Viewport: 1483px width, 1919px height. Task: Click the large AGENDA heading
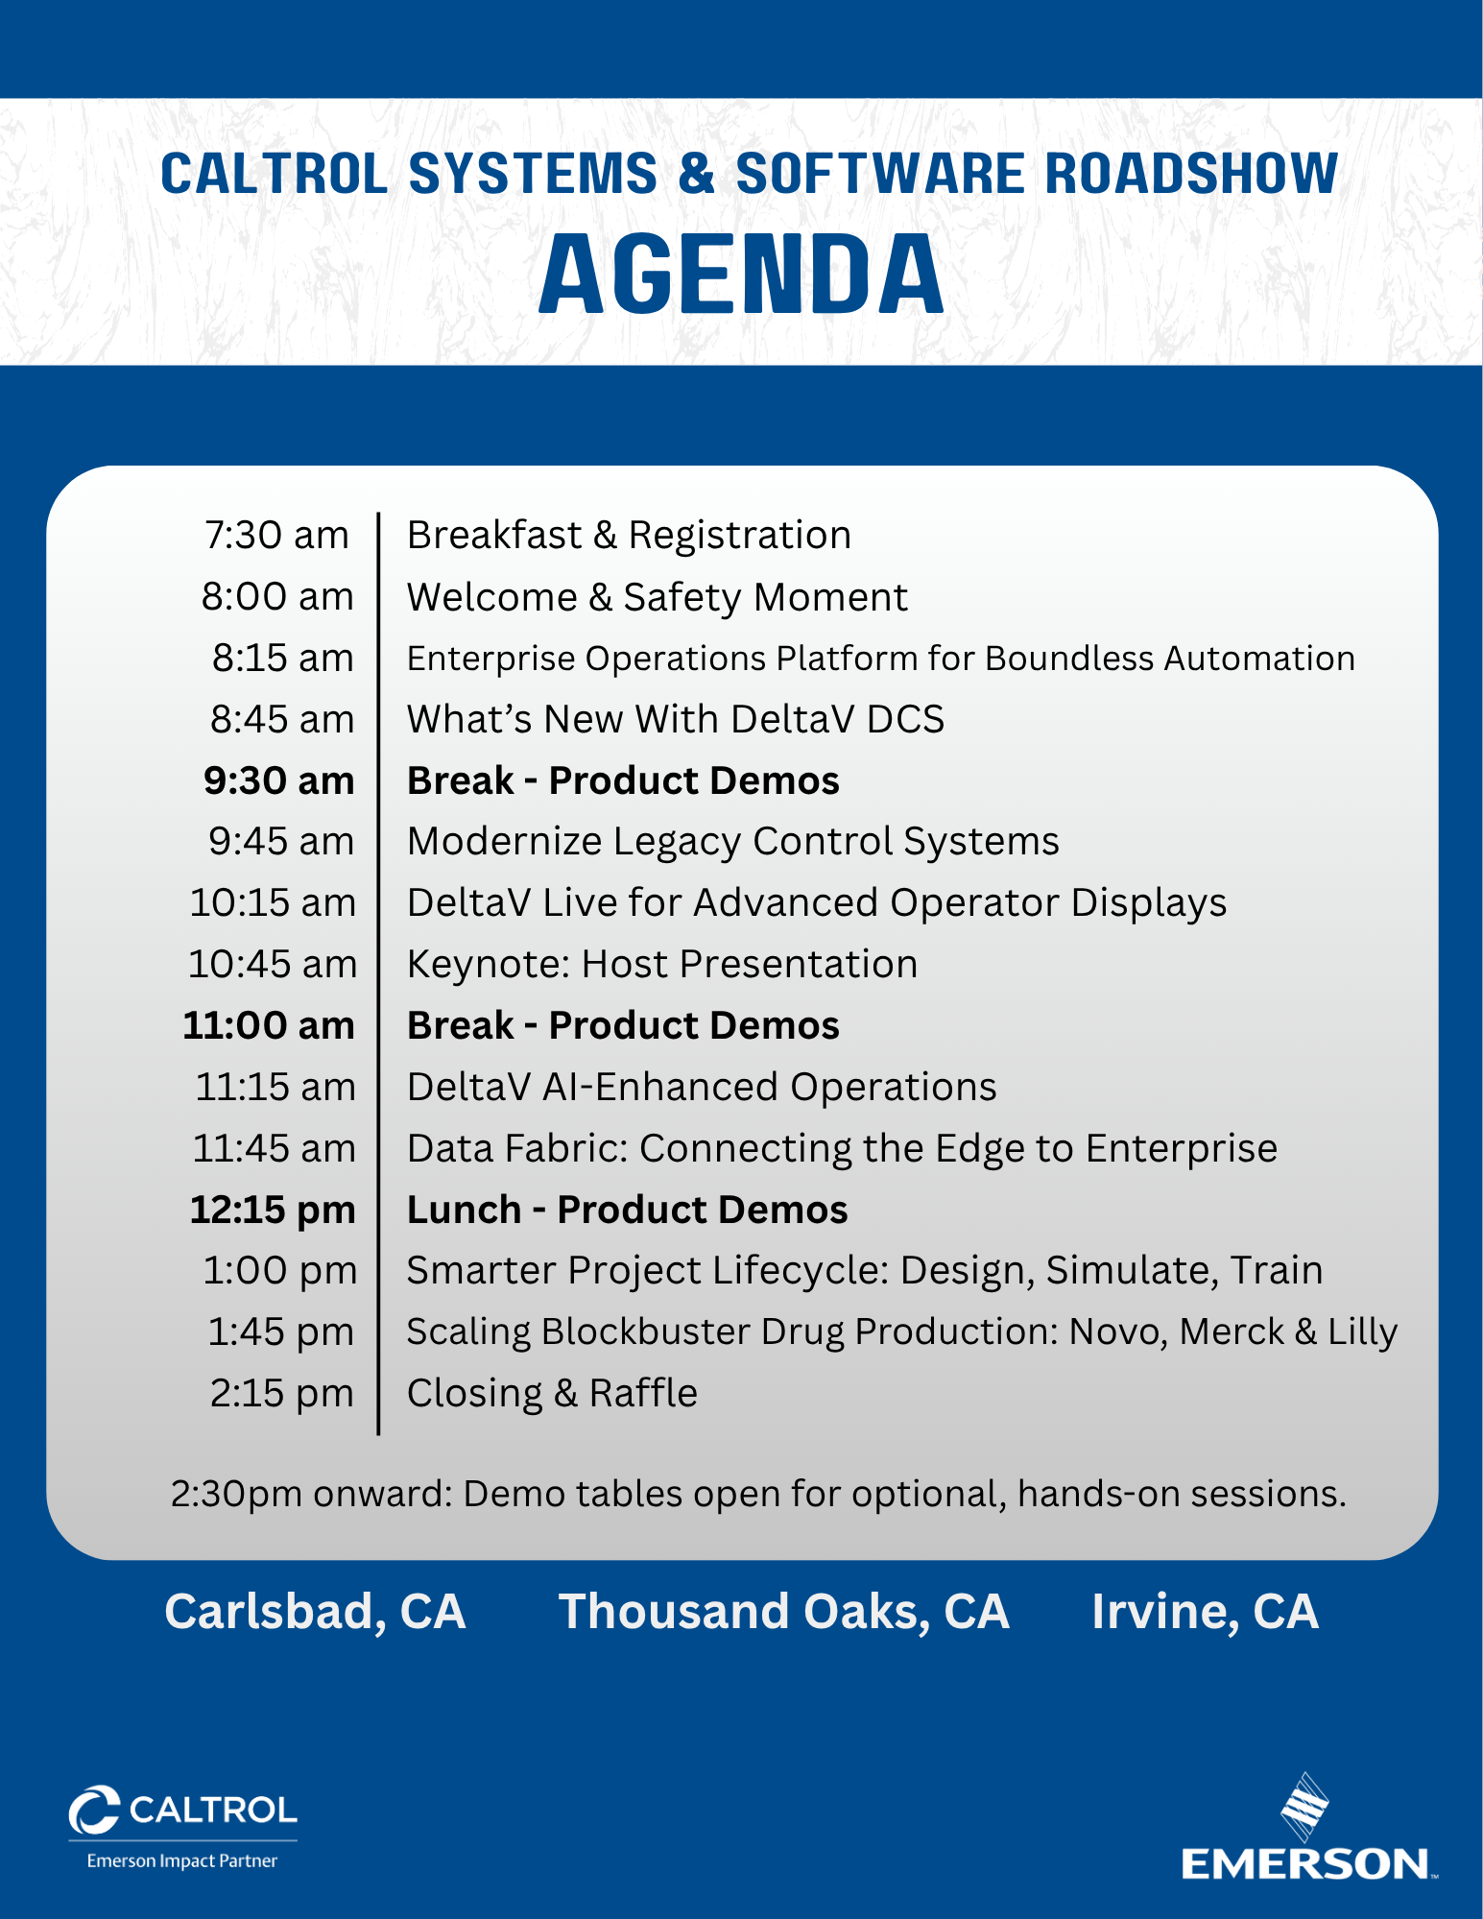tap(741, 276)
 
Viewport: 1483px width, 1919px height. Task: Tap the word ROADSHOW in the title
tap(1191, 174)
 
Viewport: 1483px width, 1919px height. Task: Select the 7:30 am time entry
tap(276, 535)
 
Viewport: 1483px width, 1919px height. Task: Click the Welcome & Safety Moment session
tap(657, 597)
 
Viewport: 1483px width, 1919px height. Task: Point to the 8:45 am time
tap(282, 719)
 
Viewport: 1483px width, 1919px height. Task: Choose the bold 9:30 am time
tap(278, 780)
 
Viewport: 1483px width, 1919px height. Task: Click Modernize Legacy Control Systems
tap(732, 842)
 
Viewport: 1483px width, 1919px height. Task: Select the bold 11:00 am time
tap(269, 1025)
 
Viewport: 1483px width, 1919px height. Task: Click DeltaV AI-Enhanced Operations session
tap(702, 1087)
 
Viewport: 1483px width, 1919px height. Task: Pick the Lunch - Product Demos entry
tap(627, 1210)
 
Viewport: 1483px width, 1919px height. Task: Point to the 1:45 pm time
tap(281, 1332)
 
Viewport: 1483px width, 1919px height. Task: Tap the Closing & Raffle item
tap(552, 1393)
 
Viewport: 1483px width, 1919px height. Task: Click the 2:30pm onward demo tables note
tap(758, 1494)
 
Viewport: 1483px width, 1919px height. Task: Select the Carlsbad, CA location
tap(315, 1612)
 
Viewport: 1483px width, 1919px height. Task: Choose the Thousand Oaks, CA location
tap(783, 1612)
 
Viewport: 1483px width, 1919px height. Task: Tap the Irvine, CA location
tap(1205, 1612)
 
